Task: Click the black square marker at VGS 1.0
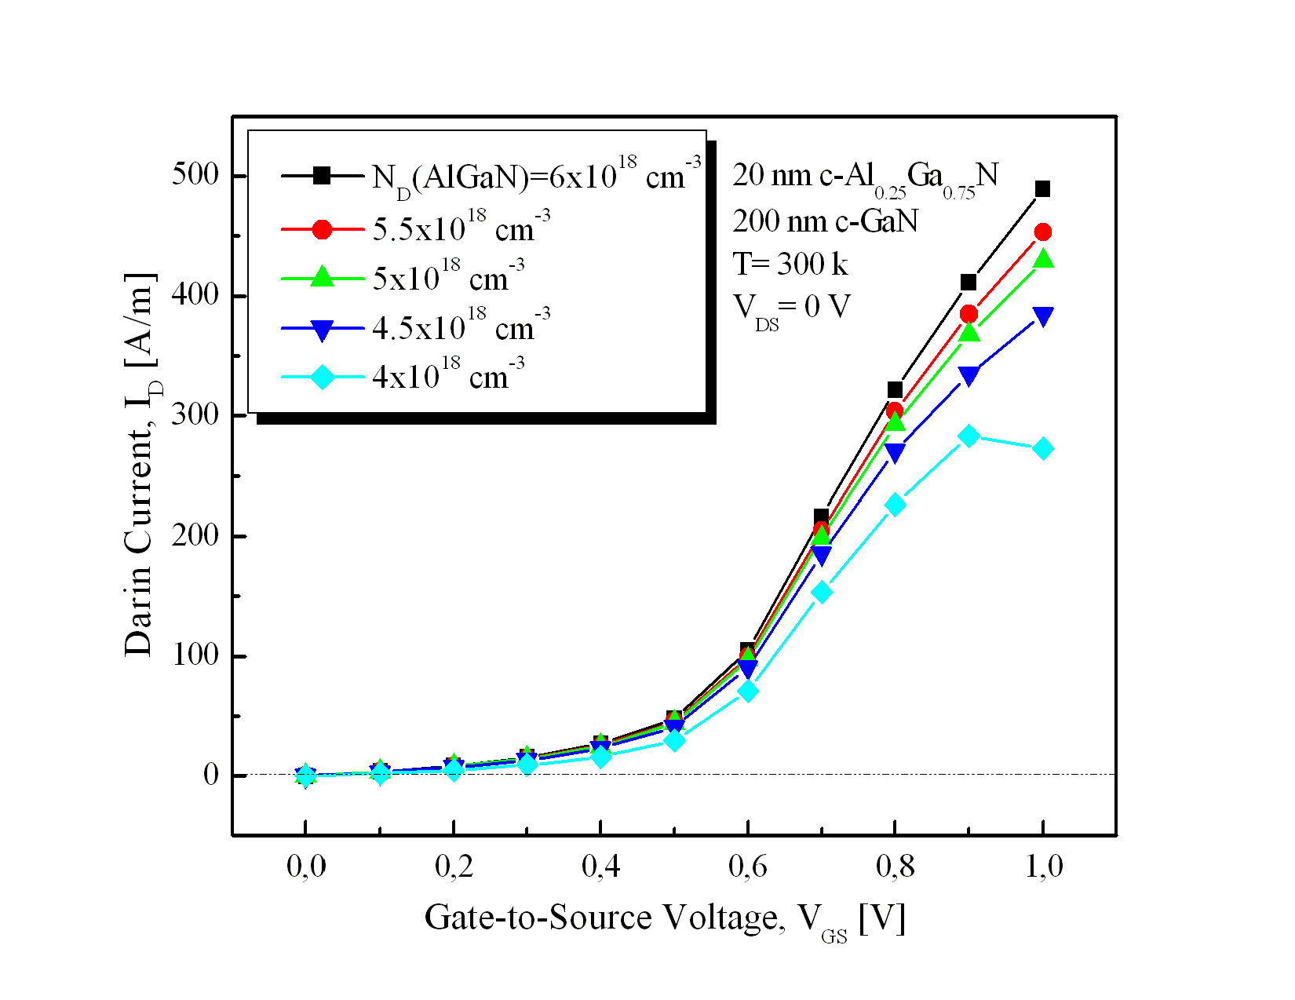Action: (1042, 189)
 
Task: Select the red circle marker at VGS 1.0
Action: (1042, 232)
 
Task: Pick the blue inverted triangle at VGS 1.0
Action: (1042, 316)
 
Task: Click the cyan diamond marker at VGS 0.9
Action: (969, 436)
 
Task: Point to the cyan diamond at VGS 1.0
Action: (1042, 449)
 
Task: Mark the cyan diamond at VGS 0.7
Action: (821, 593)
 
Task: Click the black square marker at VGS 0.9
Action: (969, 283)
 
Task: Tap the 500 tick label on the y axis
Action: (195, 175)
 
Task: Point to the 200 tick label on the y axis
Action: (195, 535)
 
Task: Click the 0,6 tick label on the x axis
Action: (747, 867)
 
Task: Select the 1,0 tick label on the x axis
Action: (1044, 867)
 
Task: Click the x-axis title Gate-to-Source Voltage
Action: (664, 918)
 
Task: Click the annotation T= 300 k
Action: (790, 265)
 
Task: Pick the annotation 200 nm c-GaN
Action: (825, 221)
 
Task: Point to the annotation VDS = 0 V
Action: (791, 308)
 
